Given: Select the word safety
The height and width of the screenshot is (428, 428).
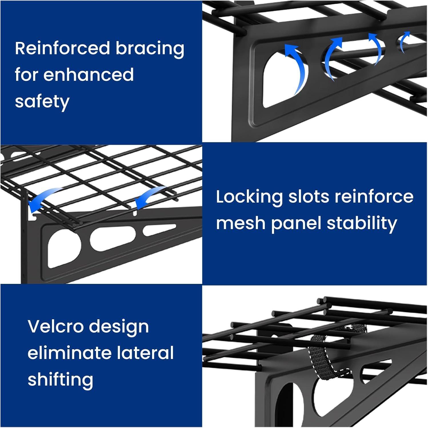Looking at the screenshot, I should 42,102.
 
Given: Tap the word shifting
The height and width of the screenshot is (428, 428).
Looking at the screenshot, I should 60,380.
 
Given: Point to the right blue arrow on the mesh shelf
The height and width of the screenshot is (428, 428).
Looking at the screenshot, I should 149,197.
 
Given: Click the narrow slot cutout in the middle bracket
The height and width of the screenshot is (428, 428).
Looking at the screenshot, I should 159,230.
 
